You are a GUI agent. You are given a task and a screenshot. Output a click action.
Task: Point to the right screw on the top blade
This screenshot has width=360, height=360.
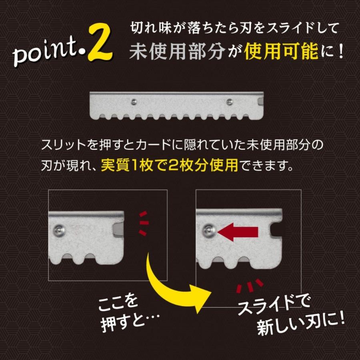coord(229,102)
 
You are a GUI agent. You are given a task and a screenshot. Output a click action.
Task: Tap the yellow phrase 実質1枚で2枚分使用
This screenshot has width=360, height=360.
coord(169,165)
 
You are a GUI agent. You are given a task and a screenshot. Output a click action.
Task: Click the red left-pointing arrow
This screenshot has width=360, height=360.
coord(238,232)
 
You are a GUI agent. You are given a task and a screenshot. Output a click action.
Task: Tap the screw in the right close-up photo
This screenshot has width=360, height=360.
coord(208,231)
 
